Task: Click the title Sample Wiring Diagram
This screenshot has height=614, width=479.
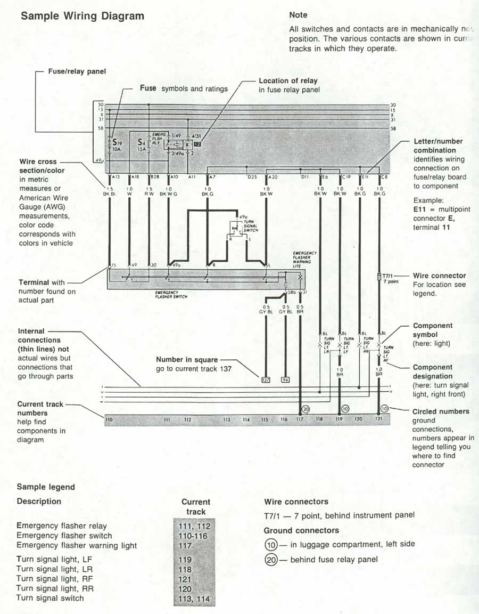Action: pyautogui.click(x=82, y=16)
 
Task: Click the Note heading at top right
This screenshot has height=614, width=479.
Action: pyautogui.click(x=298, y=15)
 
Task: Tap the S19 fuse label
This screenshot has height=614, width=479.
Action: pyautogui.click(x=116, y=142)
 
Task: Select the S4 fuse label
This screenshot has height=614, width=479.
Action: pyautogui.click(x=141, y=142)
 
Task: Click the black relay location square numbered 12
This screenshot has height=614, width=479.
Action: pyautogui.click(x=197, y=144)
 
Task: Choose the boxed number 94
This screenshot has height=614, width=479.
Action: pyautogui.click(x=285, y=380)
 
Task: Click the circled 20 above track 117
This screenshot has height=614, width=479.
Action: pyautogui.click(x=305, y=409)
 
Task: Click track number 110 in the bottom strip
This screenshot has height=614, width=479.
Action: pyautogui.click(x=109, y=420)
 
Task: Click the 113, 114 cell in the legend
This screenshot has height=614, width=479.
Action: pyautogui.click(x=195, y=599)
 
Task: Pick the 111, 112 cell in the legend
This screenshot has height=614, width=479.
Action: pyautogui.click(x=195, y=526)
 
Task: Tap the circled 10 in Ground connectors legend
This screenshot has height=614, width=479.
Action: pyautogui.click(x=271, y=544)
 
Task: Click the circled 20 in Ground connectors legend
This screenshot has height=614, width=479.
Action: pyautogui.click(x=271, y=560)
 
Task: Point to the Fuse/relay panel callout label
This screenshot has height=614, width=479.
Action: pyautogui.click(x=77, y=71)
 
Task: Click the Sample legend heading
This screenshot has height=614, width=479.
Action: pyautogui.click(x=46, y=487)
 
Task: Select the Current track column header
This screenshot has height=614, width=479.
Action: pyautogui.click(x=195, y=506)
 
